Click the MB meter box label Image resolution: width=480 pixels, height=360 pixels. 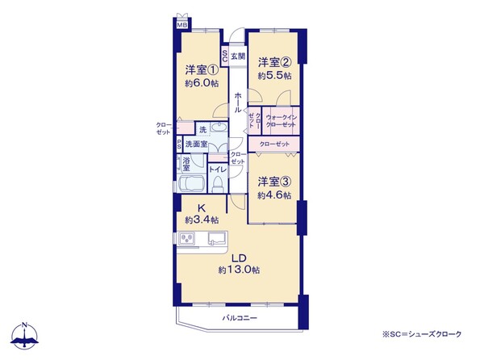182,25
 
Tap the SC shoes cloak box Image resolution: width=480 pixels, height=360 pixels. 224,56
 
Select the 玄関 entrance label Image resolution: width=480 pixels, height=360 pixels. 238,57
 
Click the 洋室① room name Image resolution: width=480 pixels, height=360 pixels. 202,70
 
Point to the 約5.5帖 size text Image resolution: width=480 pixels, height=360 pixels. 274,76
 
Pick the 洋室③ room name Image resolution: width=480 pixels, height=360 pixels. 274,182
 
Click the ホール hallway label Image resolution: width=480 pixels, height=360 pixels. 238,103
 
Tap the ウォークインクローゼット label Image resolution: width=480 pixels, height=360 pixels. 281,121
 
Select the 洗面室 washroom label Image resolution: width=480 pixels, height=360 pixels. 196,144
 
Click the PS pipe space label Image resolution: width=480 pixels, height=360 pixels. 179,144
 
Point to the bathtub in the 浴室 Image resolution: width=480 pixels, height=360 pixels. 190,183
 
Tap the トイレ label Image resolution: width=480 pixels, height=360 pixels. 218,170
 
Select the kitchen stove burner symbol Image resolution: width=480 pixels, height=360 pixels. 187,238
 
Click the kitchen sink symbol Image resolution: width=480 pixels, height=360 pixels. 217,238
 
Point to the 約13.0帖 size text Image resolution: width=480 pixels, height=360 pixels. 239,270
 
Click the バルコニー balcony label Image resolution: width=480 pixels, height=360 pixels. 240,318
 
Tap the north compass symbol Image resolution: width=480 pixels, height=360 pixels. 24,336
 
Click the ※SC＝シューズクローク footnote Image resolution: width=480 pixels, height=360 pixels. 421,334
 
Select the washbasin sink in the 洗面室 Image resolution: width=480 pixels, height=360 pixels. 218,127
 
